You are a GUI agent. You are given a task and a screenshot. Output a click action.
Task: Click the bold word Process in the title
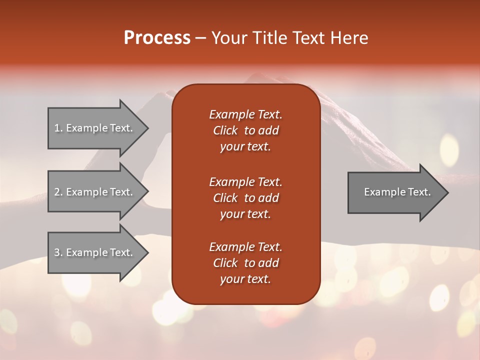[157, 38]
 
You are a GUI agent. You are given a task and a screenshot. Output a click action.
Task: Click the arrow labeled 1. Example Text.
[95, 128]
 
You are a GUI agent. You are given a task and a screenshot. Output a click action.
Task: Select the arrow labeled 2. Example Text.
[95, 192]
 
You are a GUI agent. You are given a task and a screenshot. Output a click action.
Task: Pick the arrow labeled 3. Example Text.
[95, 252]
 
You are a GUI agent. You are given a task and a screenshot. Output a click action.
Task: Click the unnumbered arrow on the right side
[395, 192]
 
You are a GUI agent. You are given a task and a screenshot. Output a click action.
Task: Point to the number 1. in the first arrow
[58, 128]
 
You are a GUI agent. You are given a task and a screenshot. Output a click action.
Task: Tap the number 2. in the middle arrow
[58, 192]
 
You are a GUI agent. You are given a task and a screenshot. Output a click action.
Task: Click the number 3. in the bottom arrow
[58, 252]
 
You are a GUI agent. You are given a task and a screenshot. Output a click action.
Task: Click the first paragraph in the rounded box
[245, 130]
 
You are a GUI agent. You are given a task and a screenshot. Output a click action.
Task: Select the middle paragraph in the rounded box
[245, 197]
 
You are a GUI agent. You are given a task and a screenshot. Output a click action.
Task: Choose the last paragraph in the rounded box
[245, 263]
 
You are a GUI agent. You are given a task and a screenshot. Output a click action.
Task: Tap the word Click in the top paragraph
[225, 130]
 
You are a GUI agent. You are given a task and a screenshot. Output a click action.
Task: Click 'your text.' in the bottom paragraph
[245, 279]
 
